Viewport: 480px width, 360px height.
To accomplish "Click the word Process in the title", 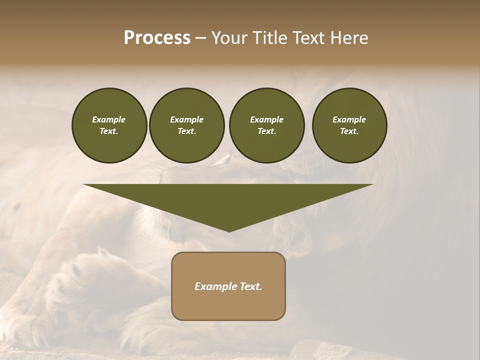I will point(157,38).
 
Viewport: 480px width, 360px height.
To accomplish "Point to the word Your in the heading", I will point(228,38).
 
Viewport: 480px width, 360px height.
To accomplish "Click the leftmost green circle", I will point(109,125).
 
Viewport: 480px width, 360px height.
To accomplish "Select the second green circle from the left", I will point(186,125).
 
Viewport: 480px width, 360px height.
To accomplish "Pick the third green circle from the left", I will point(266,125).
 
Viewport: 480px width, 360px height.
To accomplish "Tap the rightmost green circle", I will point(349,125).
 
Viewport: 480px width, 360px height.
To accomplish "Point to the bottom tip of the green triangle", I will point(229,231).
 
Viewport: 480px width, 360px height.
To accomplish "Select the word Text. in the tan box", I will point(250,286).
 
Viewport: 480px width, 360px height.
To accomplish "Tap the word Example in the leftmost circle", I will point(109,119).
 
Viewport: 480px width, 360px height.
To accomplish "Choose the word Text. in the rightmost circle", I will point(349,131).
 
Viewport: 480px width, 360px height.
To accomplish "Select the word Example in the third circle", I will point(266,119).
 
